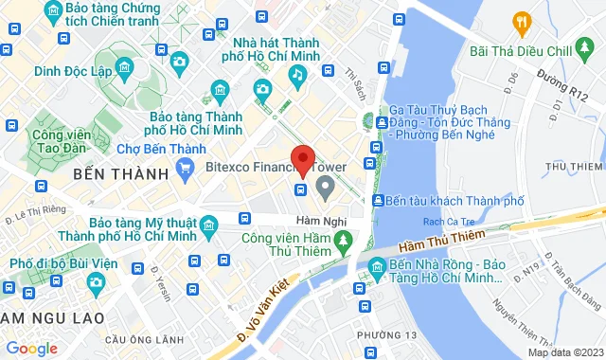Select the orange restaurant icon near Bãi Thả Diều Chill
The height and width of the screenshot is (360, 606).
pos(520,21)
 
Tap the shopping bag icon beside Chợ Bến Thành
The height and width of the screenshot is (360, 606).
pos(185,172)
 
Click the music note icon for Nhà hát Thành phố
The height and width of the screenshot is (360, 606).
pos(296,73)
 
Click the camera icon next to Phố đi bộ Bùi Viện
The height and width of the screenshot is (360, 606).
pos(96,281)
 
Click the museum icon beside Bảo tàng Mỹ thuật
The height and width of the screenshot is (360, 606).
pos(208,225)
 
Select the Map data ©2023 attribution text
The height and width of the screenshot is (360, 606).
pos(564,352)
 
